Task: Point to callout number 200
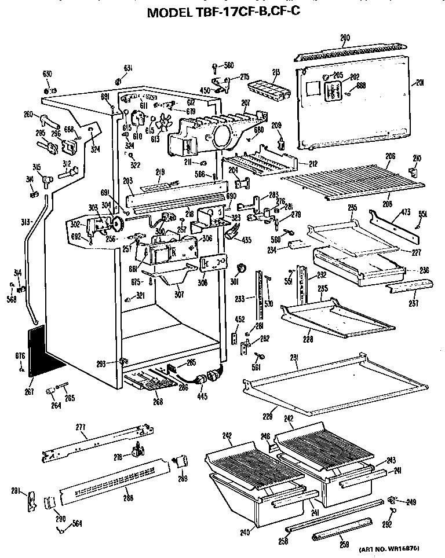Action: pos(345,38)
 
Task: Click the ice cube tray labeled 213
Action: pos(264,90)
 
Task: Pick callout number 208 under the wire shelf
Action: pos(387,204)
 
